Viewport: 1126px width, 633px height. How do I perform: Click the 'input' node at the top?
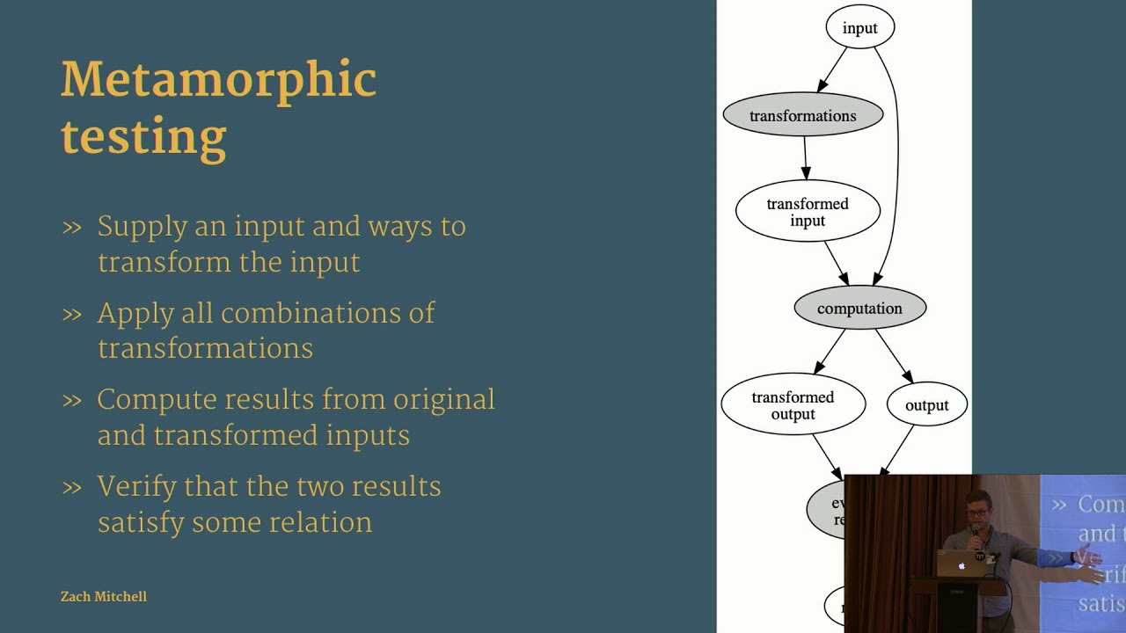pos(859,28)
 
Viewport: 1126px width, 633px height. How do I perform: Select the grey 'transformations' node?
pos(802,115)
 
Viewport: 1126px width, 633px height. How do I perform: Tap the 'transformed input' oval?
pos(807,212)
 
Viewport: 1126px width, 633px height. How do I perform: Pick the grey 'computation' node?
pos(859,309)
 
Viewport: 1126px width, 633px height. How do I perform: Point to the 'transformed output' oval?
pos(793,405)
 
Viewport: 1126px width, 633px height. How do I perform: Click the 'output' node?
pos(926,405)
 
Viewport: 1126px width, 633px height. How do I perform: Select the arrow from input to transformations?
pos(832,69)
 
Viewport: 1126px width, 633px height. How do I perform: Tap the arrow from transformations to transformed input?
pos(805,159)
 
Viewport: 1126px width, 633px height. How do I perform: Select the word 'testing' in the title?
pos(143,137)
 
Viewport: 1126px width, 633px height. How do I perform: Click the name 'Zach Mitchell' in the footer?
pos(103,596)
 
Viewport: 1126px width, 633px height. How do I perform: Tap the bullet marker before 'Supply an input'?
pos(72,228)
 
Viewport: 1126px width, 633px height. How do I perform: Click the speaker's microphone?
pos(976,533)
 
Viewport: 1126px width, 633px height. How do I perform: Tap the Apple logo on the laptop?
pos(961,566)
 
